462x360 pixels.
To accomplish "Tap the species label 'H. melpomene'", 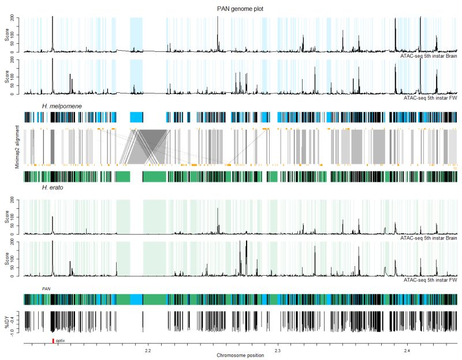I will click(61, 107).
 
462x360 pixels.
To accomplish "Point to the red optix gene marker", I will click(53, 341).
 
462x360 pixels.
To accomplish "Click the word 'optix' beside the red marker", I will click(60, 341).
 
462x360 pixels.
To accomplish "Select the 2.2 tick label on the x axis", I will click(147, 350).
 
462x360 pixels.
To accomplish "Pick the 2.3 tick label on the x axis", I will click(277, 350).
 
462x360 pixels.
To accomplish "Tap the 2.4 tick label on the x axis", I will click(407, 350).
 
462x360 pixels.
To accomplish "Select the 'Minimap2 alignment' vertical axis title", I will click(17, 147).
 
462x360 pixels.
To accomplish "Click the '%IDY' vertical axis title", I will click(8, 321).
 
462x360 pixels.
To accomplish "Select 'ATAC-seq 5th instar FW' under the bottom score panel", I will click(430, 279).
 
